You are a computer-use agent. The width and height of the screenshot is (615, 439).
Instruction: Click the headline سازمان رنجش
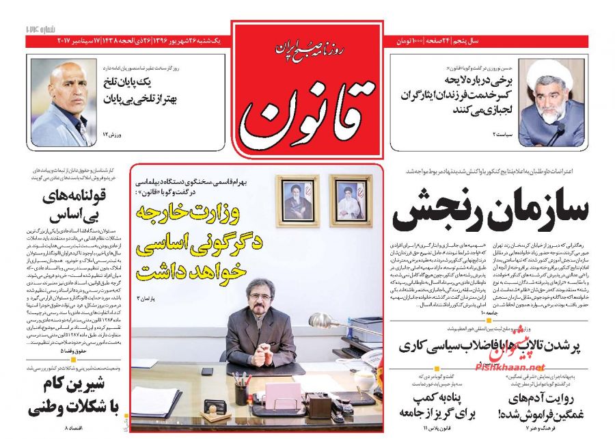tap(490, 211)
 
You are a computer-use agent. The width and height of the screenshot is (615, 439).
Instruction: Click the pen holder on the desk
tap(241, 392)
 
